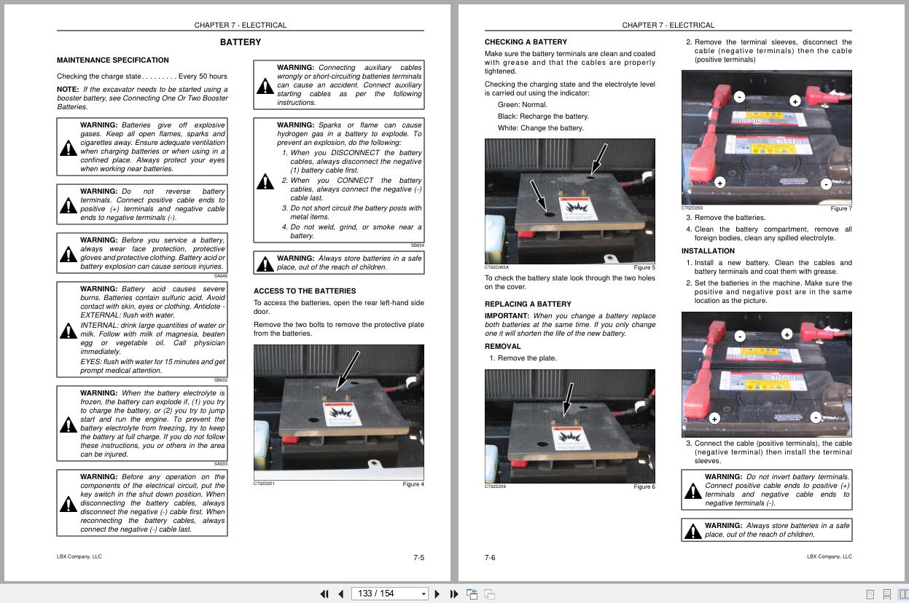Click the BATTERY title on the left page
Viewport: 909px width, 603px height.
(240, 43)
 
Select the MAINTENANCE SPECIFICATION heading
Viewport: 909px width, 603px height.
(112, 60)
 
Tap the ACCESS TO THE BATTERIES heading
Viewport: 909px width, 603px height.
(304, 291)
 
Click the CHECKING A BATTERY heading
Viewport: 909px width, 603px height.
(526, 42)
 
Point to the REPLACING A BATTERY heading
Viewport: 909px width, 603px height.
(528, 304)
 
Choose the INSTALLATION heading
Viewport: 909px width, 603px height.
(708, 251)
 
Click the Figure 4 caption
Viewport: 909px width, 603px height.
(413, 484)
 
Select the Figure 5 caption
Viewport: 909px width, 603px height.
(644, 268)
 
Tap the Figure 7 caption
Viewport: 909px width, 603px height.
(840, 209)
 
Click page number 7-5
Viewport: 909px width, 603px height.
(418, 558)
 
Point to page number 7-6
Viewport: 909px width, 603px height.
(490, 558)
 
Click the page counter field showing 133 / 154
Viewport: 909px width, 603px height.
(386, 594)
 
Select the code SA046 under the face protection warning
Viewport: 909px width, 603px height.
(220, 276)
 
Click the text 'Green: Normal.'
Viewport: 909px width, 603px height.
(522, 105)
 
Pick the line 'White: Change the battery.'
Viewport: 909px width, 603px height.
(540, 128)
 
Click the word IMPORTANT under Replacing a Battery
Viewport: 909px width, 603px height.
(507, 316)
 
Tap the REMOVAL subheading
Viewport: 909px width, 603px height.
(503, 347)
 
